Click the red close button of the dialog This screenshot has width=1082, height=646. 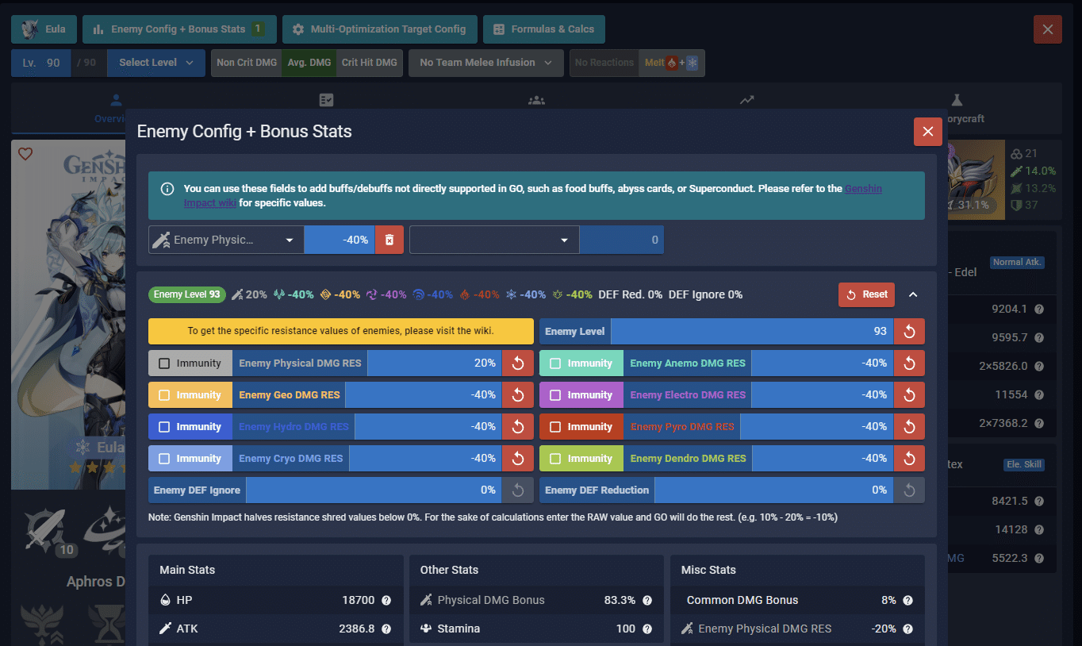point(927,132)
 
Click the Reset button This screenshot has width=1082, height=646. point(866,294)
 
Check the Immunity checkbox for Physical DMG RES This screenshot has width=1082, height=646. point(164,363)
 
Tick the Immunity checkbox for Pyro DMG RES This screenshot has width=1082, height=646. point(555,427)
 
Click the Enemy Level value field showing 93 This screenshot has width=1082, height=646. point(751,332)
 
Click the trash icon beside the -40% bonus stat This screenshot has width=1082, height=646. point(389,240)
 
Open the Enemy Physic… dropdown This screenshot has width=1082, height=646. point(225,240)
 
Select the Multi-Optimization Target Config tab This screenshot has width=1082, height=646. point(379,29)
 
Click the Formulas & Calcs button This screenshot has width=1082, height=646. point(543,29)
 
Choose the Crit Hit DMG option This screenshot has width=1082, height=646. point(369,63)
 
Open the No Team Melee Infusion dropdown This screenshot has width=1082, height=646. point(485,63)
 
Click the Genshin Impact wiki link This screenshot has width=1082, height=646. point(863,189)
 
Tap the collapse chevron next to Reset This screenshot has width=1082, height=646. point(913,294)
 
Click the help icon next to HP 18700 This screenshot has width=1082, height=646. point(386,601)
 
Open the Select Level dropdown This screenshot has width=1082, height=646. point(155,63)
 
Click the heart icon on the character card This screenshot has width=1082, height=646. point(25,154)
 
